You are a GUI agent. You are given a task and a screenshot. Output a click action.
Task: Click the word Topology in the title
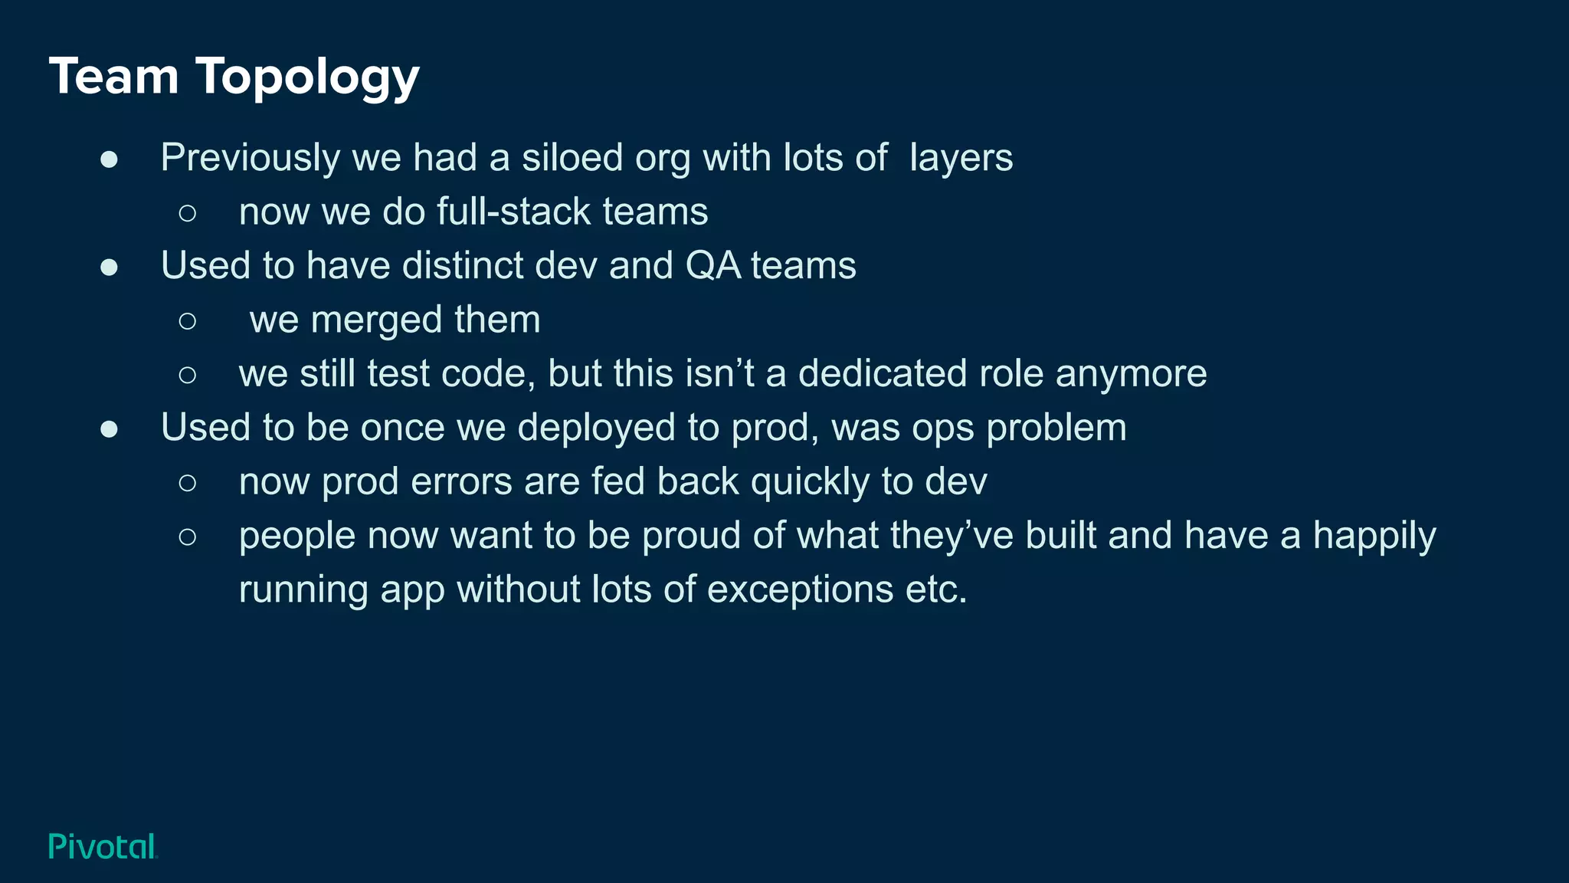point(307,78)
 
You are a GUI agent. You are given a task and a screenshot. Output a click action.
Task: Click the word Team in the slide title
point(113,77)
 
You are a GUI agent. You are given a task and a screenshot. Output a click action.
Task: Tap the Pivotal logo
point(103,846)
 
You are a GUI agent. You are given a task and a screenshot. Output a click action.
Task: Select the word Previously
point(250,159)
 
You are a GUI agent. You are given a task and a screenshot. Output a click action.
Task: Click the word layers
point(961,159)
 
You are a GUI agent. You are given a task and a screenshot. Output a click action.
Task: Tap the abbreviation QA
point(712,266)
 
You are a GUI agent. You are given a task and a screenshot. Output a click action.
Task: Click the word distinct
point(462,265)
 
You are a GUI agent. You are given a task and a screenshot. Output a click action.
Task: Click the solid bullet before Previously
point(109,159)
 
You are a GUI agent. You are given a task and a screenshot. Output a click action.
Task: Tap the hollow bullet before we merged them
point(187,320)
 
